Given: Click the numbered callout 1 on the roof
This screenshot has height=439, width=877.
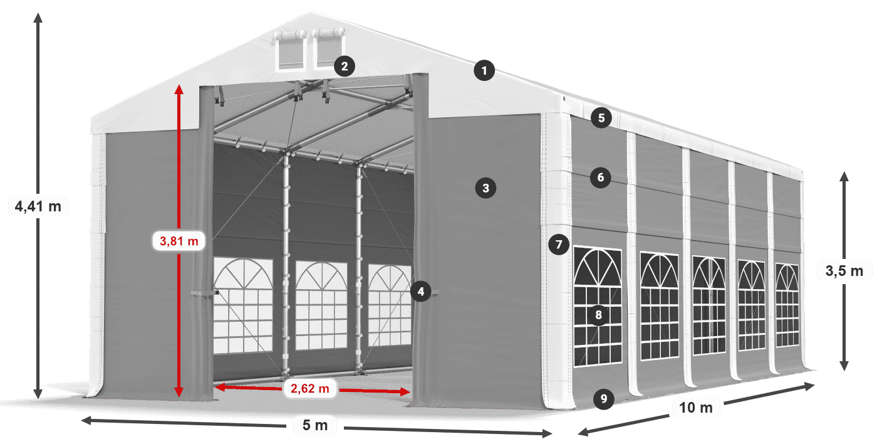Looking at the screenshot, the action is [x=484, y=70].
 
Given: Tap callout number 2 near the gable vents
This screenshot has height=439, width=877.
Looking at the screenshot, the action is [x=344, y=66].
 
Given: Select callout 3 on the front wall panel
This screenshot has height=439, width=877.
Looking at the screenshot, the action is [x=485, y=188].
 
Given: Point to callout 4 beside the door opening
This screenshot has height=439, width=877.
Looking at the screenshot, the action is [x=420, y=291].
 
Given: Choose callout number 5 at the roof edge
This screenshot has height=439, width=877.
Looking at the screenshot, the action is [x=601, y=118].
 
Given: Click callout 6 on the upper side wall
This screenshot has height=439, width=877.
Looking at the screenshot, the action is [x=600, y=177].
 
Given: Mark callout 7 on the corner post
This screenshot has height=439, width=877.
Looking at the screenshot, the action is [x=559, y=245].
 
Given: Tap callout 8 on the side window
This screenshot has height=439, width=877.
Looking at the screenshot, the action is [x=598, y=315].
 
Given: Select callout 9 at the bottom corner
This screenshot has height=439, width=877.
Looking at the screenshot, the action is [x=603, y=399].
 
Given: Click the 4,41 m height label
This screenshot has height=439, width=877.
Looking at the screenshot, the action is [x=38, y=206].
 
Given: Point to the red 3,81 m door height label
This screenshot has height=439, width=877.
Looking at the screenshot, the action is [x=179, y=241].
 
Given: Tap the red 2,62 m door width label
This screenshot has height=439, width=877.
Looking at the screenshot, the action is [x=309, y=388].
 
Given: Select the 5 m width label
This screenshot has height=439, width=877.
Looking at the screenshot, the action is [x=314, y=425].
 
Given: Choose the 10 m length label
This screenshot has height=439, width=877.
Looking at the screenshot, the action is [x=696, y=408].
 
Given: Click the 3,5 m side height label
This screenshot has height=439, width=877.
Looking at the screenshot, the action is [x=844, y=271].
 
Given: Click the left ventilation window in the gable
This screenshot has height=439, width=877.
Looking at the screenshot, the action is [x=290, y=51].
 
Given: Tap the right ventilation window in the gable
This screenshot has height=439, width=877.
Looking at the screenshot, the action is [x=328, y=48].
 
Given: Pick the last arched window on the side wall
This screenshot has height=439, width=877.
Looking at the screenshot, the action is [x=787, y=305].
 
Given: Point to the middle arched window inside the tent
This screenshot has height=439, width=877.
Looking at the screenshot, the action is [x=321, y=305].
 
